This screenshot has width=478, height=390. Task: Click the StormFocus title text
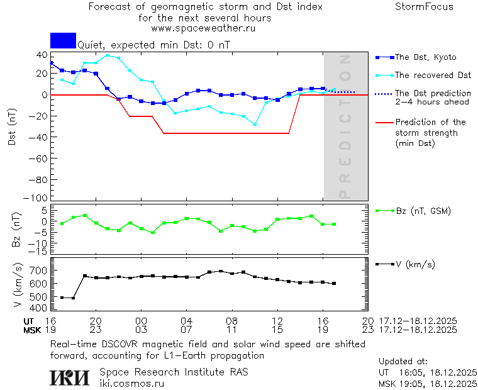point(424,7)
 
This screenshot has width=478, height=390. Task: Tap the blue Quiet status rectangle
point(63,40)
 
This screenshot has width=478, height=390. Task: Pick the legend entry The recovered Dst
point(433,75)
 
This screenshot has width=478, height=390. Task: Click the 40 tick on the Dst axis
point(43,54)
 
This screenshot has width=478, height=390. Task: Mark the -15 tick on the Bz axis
point(40,252)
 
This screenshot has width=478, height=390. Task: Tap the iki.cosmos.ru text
point(131,382)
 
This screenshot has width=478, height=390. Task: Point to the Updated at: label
point(403,362)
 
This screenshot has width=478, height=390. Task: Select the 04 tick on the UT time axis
point(186,320)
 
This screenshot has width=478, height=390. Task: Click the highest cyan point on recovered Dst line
point(108,55)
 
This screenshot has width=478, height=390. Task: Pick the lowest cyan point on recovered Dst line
point(255,125)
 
